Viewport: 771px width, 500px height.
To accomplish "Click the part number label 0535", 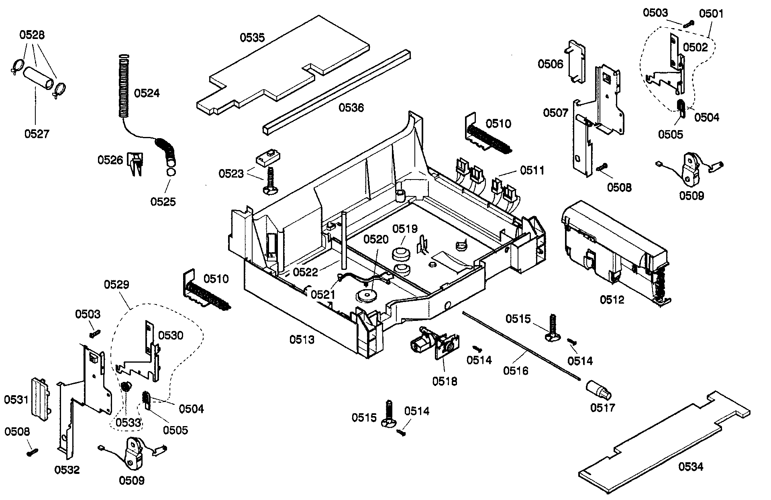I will [x=252, y=38].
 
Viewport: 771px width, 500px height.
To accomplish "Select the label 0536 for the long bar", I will [x=351, y=108].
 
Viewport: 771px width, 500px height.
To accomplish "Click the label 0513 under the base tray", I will [x=302, y=340].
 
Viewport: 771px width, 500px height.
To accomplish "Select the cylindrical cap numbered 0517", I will [x=597, y=390].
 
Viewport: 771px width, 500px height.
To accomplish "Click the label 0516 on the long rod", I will [x=516, y=370].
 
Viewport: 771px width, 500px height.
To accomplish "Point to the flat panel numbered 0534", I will [x=663, y=446].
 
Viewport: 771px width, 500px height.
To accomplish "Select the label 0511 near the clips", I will [x=532, y=170].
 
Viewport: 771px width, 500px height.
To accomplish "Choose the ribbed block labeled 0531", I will [x=41, y=398].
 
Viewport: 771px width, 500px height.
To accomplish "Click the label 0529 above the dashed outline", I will [x=116, y=285].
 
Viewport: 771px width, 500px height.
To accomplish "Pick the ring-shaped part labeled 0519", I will [x=400, y=254].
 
